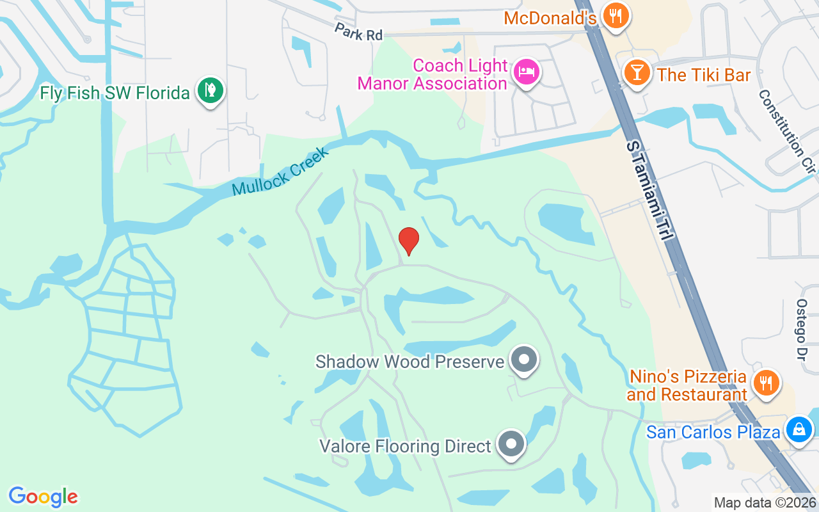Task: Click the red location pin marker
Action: pyautogui.click(x=409, y=241)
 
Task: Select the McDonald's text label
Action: pyautogui.click(x=550, y=17)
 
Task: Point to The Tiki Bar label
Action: pyautogui.click(x=704, y=75)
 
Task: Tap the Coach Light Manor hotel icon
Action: pyautogui.click(x=527, y=72)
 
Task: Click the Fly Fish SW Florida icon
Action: pyautogui.click(x=210, y=90)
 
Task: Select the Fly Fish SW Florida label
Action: pyautogui.click(x=115, y=93)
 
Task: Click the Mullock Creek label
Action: pyautogui.click(x=280, y=171)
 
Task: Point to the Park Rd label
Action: pyautogui.click(x=358, y=32)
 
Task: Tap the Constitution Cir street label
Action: pyautogui.click(x=788, y=131)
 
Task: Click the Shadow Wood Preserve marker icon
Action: pyautogui.click(x=525, y=359)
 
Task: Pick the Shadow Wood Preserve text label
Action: pyautogui.click(x=409, y=362)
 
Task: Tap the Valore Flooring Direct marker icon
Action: pyautogui.click(x=511, y=443)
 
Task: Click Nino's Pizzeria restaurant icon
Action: pyautogui.click(x=765, y=382)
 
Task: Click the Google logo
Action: pyautogui.click(x=44, y=497)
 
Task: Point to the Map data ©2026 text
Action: pyautogui.click(x=765, y=502)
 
